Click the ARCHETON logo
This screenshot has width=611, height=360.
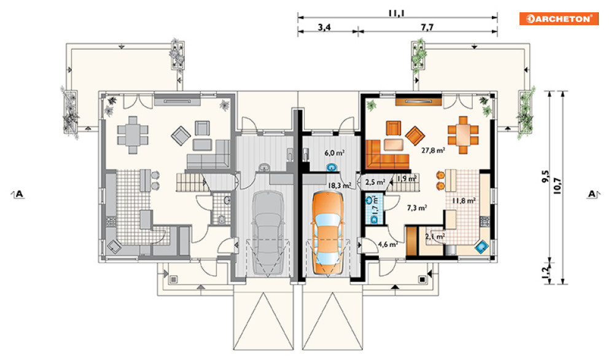click(559, 18)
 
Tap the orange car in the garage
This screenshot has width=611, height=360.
click(327, 233)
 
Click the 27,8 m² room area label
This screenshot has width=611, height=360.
click(433, 150)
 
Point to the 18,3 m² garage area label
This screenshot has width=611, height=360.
click(339, 186)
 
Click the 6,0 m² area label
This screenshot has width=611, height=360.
click(334, 153)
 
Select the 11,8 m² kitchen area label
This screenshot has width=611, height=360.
click(463, 201)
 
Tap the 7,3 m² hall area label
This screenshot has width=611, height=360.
click(416, 208)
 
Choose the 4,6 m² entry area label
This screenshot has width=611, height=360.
click(387, 245)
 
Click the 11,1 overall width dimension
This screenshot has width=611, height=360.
click(397, 13)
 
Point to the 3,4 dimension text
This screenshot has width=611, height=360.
click(324, 27)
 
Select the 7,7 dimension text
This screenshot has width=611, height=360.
click(427, 27)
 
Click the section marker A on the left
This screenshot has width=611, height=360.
click(18, 194)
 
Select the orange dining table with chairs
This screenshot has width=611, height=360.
click(463, 135)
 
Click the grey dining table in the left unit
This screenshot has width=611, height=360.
click(133, 135)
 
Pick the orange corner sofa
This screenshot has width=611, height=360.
click(387, 154)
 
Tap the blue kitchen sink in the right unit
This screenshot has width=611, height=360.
click(481, 246)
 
